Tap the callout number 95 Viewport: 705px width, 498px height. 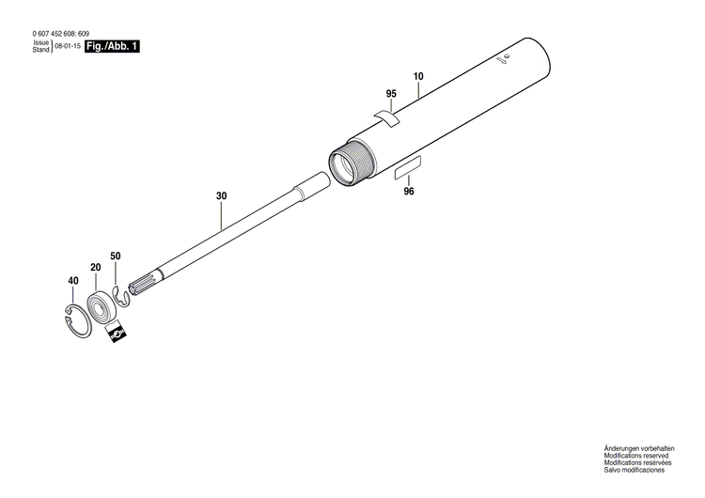391,94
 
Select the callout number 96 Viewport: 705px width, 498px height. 408,192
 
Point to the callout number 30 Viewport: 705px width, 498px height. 221,195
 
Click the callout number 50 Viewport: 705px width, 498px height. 116,257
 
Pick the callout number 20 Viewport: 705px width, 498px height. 95,268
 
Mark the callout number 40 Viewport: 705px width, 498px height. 72,281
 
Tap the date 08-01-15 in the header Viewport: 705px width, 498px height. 66,45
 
